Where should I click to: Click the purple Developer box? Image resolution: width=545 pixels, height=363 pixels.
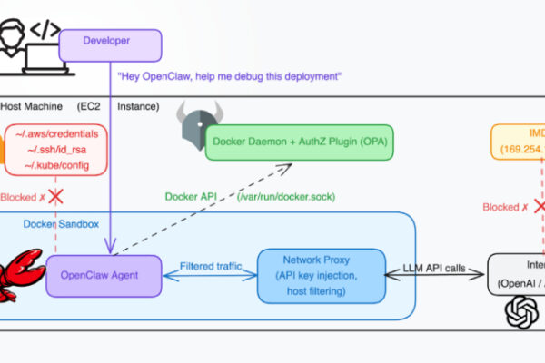[x=110, y=42]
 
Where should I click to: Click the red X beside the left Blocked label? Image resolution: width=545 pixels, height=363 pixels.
[x=55, y=196]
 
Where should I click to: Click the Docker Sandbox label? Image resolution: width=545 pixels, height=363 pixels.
[x=61, y=223]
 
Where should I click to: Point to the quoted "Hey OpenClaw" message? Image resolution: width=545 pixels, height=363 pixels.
[x=229, y=76]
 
